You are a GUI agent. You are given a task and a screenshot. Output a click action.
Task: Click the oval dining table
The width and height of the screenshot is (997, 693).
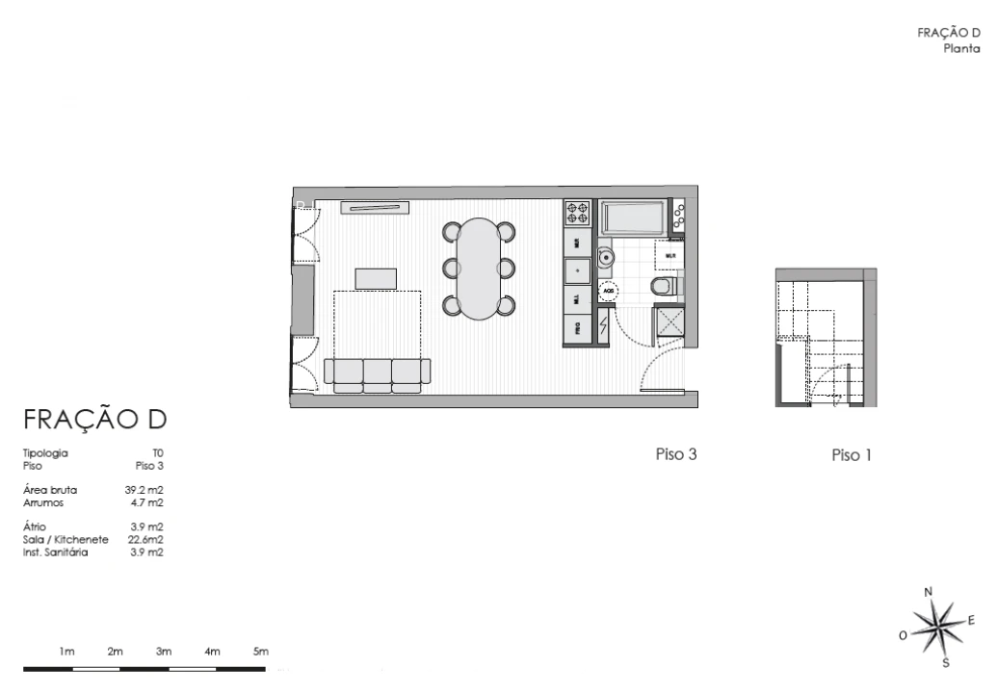click(x=480, y=269)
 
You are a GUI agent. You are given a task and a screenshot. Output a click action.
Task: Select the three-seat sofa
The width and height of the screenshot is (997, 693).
click(x=378, y=373)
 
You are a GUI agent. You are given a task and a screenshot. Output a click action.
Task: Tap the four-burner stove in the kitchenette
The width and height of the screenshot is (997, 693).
click(x=577, y=213)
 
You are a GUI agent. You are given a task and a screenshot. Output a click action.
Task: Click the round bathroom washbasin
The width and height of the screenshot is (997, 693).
click(x=606, y=257)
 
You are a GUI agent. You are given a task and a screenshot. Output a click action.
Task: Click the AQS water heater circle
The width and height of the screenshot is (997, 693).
click(x=609, y=288)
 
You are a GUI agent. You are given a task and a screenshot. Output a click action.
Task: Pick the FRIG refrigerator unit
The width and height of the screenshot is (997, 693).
click(x=577, y=327)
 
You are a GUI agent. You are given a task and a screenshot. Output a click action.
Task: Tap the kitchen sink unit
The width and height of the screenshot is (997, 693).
click(x=577, y=270)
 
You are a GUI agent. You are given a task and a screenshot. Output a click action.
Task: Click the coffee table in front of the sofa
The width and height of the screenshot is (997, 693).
click(x=376, y=278)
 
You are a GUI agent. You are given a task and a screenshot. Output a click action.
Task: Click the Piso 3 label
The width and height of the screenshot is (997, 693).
click(x=675, y=454)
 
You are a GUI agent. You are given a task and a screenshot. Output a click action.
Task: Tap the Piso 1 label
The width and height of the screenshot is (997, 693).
click(x=852, y=455)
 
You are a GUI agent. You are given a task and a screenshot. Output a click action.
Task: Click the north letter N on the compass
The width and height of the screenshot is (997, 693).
click(x=929, y=592)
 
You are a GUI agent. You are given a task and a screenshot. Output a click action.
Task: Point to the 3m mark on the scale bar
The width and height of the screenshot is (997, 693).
click(x=164, y=653)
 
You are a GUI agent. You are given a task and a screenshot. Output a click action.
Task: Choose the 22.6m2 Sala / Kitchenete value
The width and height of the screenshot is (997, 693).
click(x=145, y=540)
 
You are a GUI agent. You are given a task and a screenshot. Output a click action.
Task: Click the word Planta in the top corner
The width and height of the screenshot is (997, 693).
click(x=964, y=45)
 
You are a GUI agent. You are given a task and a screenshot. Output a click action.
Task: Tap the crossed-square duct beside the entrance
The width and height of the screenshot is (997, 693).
click(x=669, y=321)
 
